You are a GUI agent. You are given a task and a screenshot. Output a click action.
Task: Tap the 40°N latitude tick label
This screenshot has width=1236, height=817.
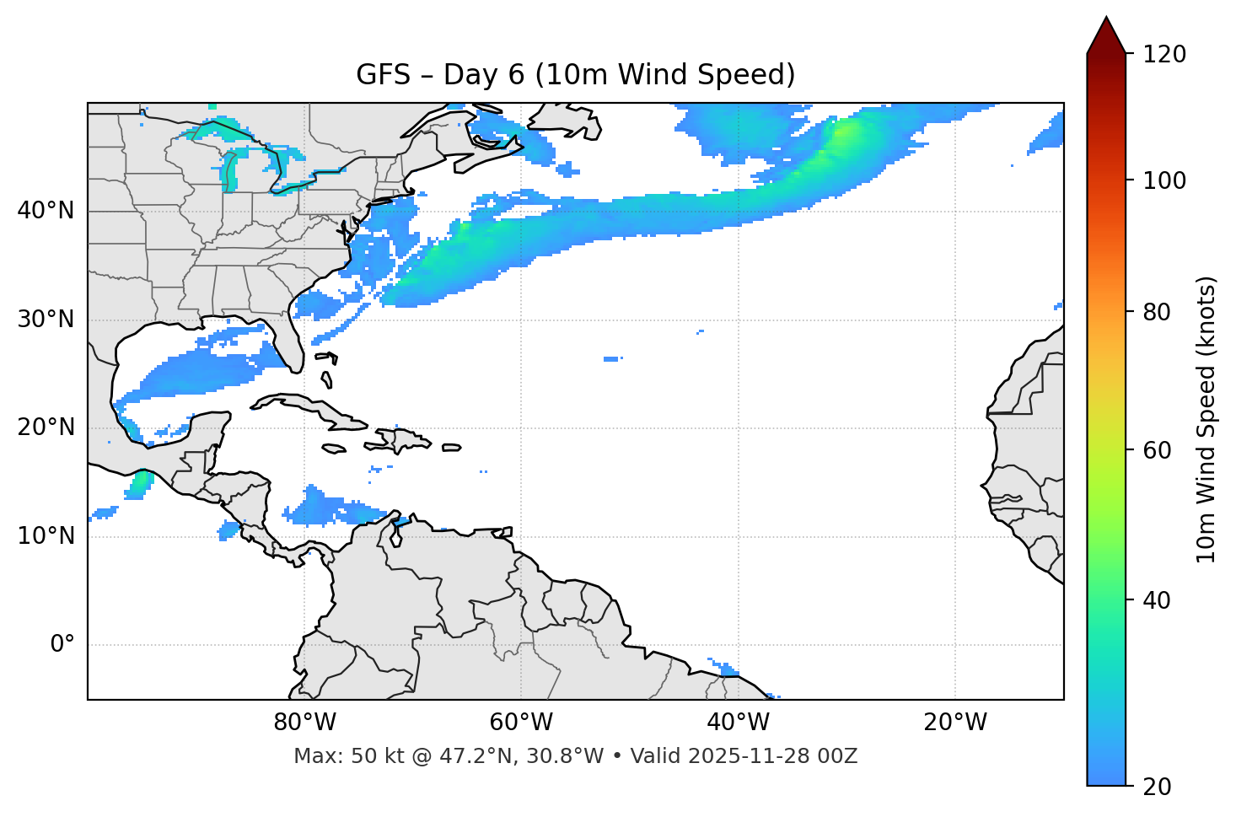[x=46, y=211]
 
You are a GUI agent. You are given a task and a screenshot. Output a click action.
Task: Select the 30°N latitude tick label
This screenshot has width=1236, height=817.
[x=46, y=320]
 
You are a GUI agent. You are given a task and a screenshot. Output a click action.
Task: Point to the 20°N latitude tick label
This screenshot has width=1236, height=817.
[x=46, y=427]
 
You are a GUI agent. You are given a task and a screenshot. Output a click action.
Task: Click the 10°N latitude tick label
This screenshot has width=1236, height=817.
[x=46, y=536]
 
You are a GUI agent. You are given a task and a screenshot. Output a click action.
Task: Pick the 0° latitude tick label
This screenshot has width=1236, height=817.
[x=62, y=645]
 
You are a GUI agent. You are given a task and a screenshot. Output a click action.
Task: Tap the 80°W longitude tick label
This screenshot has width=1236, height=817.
[x=304, y=723]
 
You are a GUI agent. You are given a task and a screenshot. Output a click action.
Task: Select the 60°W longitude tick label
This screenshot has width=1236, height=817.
[x=521, y=723]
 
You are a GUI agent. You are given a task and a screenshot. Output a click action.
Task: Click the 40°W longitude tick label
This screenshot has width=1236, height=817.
[x=738, y=723]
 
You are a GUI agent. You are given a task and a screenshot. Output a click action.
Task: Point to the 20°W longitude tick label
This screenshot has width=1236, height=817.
[x=954, y=723]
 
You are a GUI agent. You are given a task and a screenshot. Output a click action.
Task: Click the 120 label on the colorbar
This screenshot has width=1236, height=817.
[x=1164, y=55]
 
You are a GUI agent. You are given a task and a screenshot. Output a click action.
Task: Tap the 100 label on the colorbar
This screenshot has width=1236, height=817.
[x=1164, y=180]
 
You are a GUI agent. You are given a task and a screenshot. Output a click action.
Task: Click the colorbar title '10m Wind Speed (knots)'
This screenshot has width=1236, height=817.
[x=1206, y=420]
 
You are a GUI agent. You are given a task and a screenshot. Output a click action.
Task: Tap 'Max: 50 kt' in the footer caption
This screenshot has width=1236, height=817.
[x=334, y=756]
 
